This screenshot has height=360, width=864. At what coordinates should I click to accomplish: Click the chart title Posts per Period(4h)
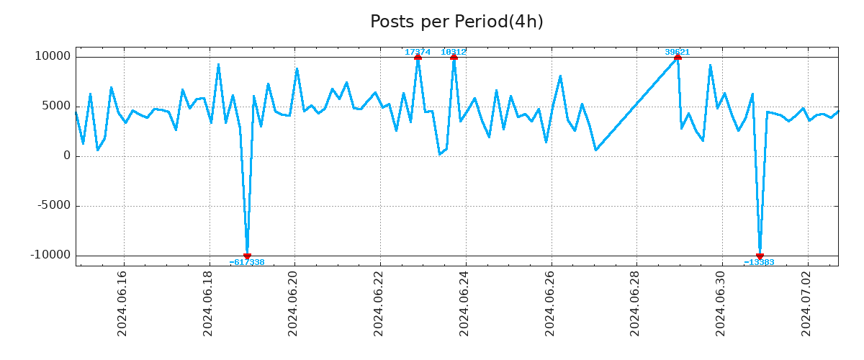tap(456, 22)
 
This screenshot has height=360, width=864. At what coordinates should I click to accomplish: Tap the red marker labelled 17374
tap(418, 57)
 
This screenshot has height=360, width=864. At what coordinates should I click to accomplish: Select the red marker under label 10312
tap(454, 57)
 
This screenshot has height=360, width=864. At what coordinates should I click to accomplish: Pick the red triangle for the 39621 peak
tap(678, 57)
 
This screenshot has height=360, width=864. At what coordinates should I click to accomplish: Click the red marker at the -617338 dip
tap(247, 256)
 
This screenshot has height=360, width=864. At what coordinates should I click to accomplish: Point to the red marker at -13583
tap(760, 256)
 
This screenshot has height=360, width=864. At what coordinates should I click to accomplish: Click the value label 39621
tap(677, 52)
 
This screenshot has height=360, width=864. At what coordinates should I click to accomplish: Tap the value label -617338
tap(247, 263)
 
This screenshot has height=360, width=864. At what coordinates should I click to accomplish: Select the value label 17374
tap(418, 52)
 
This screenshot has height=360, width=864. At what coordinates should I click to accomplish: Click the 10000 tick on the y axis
tap(53, 57)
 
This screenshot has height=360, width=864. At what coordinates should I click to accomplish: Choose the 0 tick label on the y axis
tap(67, 156)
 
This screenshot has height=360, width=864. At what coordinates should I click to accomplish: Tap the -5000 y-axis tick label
tap(55, 206)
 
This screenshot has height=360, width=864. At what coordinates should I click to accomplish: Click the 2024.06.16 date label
tap(122, 303)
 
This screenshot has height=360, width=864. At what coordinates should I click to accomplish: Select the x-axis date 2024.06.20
tap(294, 303)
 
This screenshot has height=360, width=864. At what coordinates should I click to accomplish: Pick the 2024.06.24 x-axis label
tap(465, 303)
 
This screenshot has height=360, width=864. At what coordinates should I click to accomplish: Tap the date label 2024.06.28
tap(636, 303)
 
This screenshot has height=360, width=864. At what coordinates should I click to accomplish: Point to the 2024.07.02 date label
tap(807, 303)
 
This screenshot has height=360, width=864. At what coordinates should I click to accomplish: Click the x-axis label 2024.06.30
tap(721, 303)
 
